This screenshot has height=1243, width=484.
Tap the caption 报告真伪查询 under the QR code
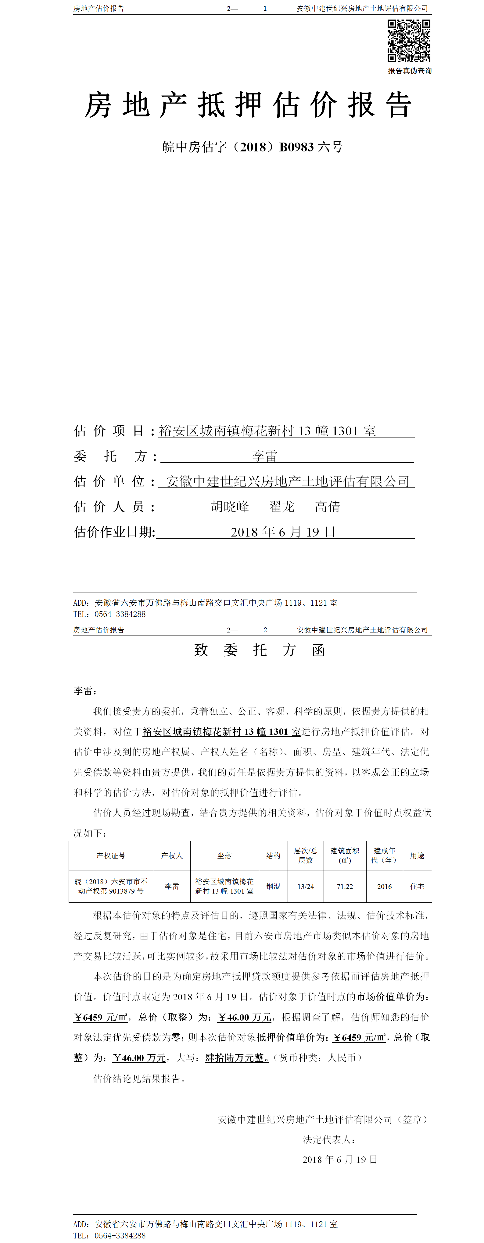pos(410,71)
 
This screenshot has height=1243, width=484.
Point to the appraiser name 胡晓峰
pos(230,507)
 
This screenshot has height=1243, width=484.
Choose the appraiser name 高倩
pos(328,507)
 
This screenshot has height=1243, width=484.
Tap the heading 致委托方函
pos(260,650)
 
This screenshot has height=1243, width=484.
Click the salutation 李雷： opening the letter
pos(85,691)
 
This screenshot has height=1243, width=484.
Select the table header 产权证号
pos(111,855)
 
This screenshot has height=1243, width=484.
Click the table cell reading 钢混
pos(273,887)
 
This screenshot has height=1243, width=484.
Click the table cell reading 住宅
pos(417,887)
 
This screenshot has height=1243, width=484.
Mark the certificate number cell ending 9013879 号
pos(111,887)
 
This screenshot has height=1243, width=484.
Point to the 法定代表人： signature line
pos(329,1140)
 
